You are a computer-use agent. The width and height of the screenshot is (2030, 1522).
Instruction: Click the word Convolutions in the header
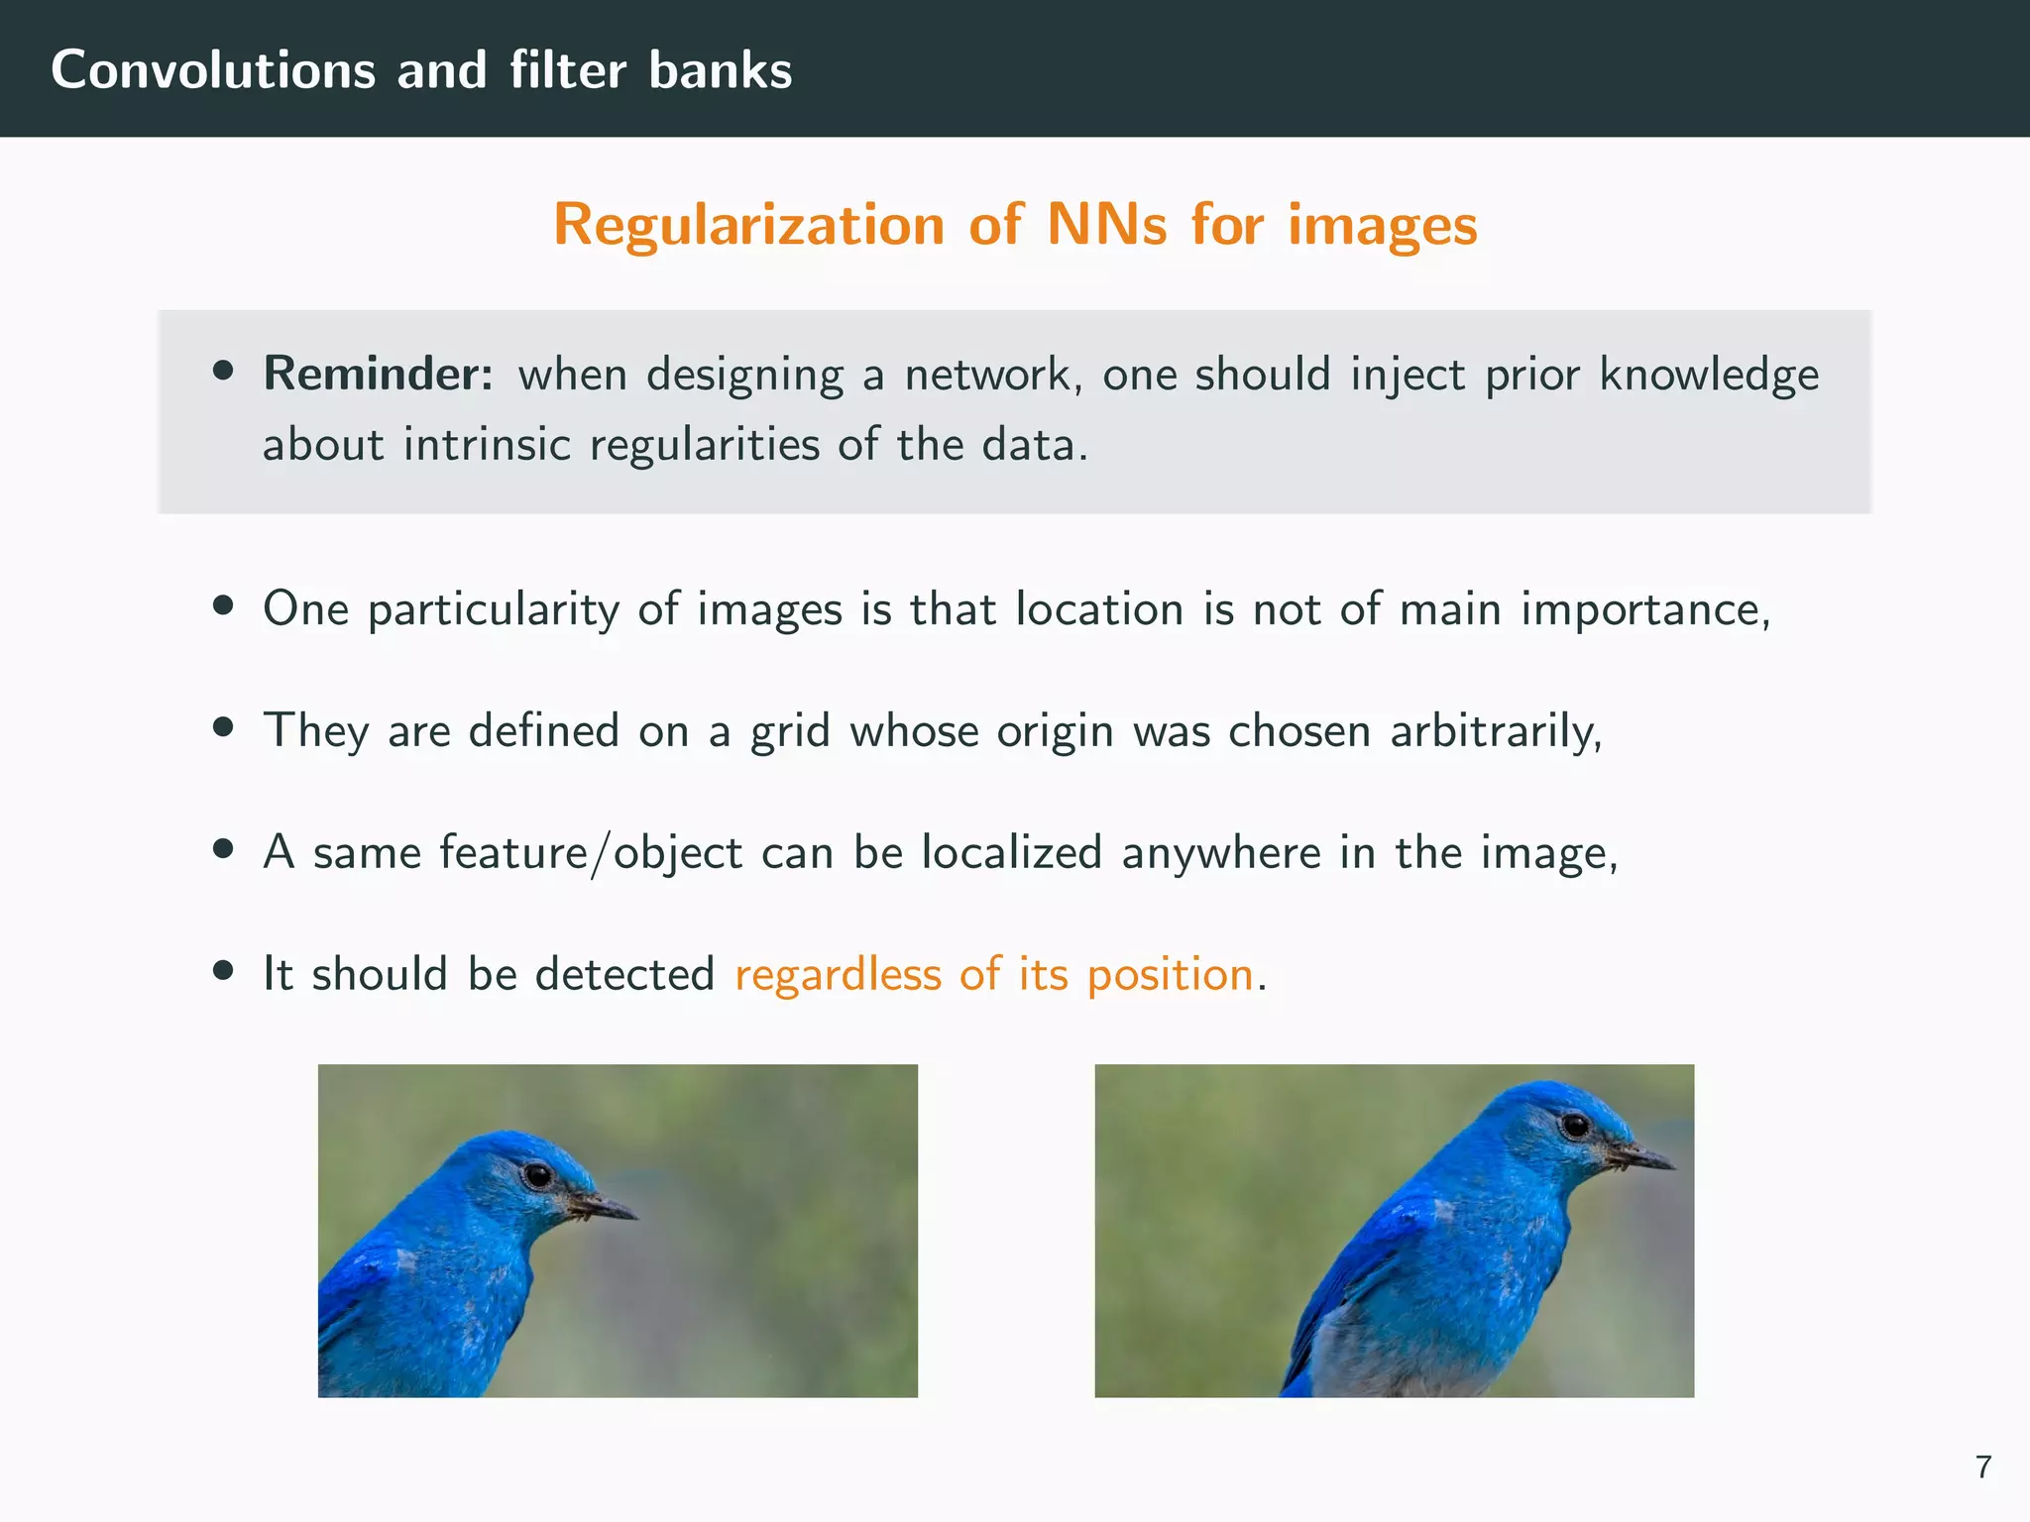(212, 70)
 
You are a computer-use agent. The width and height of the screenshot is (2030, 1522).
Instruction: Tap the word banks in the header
(721, 70)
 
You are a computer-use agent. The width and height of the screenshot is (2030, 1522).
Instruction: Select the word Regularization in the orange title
(748, 225)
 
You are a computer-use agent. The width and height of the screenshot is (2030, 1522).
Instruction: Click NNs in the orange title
(1107, 224)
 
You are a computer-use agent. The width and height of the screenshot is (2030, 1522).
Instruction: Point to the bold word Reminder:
(378, 375)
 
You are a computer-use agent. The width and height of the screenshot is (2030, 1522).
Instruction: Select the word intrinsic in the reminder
(487, 444)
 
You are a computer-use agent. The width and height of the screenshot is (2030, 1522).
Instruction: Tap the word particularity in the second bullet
(494, 610)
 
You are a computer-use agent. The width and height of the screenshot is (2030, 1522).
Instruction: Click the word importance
(1644, 610)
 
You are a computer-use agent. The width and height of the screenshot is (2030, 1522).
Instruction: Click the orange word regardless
(838, 975)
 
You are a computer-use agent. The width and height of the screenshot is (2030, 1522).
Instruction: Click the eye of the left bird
(538, 1175)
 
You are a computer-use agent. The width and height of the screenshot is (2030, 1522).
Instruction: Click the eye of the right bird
(1575, 1126)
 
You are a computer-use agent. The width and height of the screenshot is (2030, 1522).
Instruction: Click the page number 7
(1983, 1467)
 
